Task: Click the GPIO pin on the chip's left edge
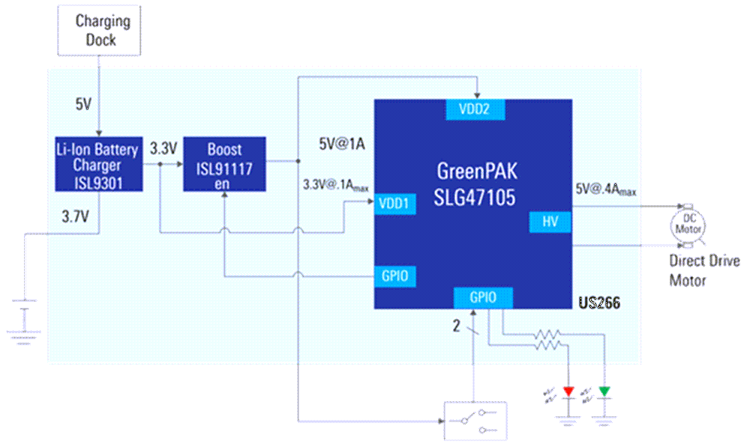point(394,276)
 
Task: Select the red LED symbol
point(568,391)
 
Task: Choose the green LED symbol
point(604,391)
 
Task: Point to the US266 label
point(598,304)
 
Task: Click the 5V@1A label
point(340,145)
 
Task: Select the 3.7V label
point(76,217)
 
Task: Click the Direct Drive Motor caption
point(703,270)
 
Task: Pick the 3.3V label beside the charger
point(163,148)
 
